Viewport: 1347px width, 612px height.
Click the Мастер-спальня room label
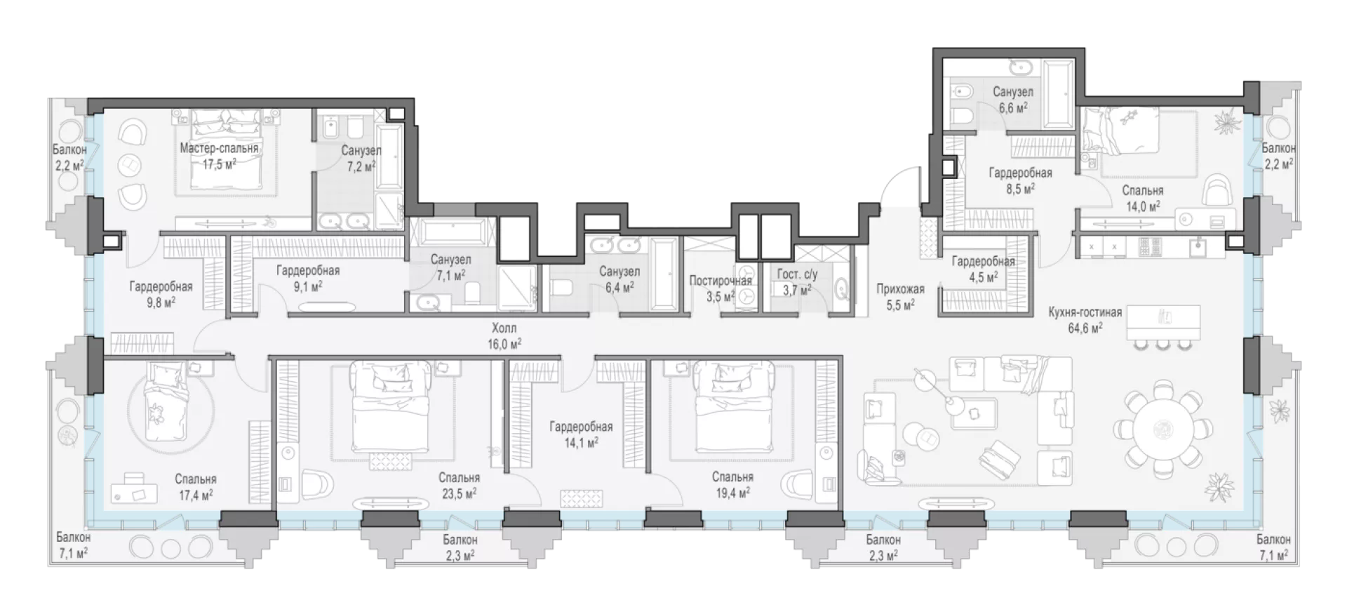(219, 149)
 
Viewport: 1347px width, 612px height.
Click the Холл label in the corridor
(504, 328)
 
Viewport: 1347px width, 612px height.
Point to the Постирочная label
(721, 281)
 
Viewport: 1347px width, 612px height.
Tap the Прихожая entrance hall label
(900, 288)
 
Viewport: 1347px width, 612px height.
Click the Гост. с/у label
(797, 274)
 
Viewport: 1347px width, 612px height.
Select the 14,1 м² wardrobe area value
(581, 443)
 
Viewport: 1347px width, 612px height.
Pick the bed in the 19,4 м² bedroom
(732, 407)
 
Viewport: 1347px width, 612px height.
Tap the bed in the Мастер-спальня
(226, 152)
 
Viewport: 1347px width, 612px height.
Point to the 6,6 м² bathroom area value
(1013, 107)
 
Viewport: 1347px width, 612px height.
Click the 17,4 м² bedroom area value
(196, 495)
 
